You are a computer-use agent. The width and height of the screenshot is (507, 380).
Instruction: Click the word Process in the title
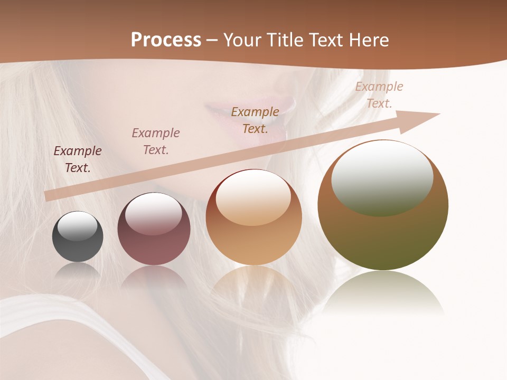pyautogui.click(x=166, y=40)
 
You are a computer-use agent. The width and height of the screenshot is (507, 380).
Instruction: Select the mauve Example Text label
pyautogui.click(x=156, y=141)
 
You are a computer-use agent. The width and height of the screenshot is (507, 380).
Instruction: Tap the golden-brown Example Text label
pyautogui.click(x=255, y=120)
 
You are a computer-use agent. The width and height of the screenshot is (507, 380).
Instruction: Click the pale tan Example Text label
pyautogui.click(x=379, y=95)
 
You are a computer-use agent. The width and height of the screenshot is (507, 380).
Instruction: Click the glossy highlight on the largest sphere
pyautogui.click(x=382, y=177)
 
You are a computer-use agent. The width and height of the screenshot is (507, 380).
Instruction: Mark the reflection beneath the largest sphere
pyautogui.click(x=383, y=293)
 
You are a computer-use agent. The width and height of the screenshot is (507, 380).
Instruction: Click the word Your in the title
pyautogui.click(x=242, y=40)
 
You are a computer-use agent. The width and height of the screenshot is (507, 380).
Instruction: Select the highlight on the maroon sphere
pyautogui.click(x=153, y=214)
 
